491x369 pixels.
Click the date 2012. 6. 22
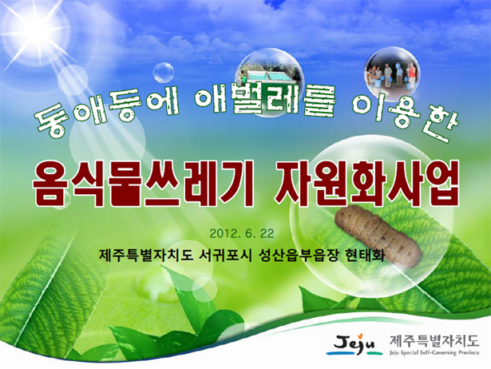tap(242, 234)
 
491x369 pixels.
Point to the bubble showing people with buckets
tap(392, 74)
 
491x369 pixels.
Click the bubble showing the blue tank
tap(269, 82)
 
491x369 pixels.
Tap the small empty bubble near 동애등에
tap(164, 73)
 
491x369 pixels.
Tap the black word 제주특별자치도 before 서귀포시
tap(145, 256)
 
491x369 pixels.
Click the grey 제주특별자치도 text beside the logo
tap(434, 340)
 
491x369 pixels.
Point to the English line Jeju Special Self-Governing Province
tap(434, 353)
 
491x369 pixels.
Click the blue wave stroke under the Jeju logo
tap(343, 353)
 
